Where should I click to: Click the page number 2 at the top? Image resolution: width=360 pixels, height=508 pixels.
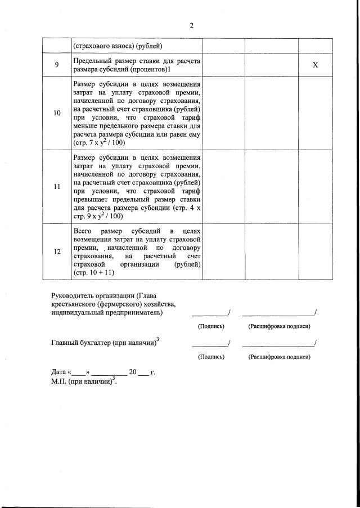pyautogui.click(x=191, y=26)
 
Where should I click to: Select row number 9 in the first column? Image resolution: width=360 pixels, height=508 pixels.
pyautogui.click(x=57, y=65)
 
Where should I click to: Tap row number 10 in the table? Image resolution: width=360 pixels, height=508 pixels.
pyautogui.click(x=57, y=113)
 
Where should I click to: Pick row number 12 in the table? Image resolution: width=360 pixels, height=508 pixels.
pyautogui.click(x=57, y=251)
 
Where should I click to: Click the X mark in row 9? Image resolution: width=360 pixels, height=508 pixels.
pyautogui.click(x=315, y=65)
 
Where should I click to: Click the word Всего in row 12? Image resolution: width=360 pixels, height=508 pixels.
pyautogui.click(x=84, y=231)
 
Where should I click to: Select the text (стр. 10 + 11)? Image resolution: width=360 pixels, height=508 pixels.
pyautogui.click(x=94, y=272)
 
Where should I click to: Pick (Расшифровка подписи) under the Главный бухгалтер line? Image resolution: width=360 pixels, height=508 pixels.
pyautogui.click(x=280, y=357)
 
